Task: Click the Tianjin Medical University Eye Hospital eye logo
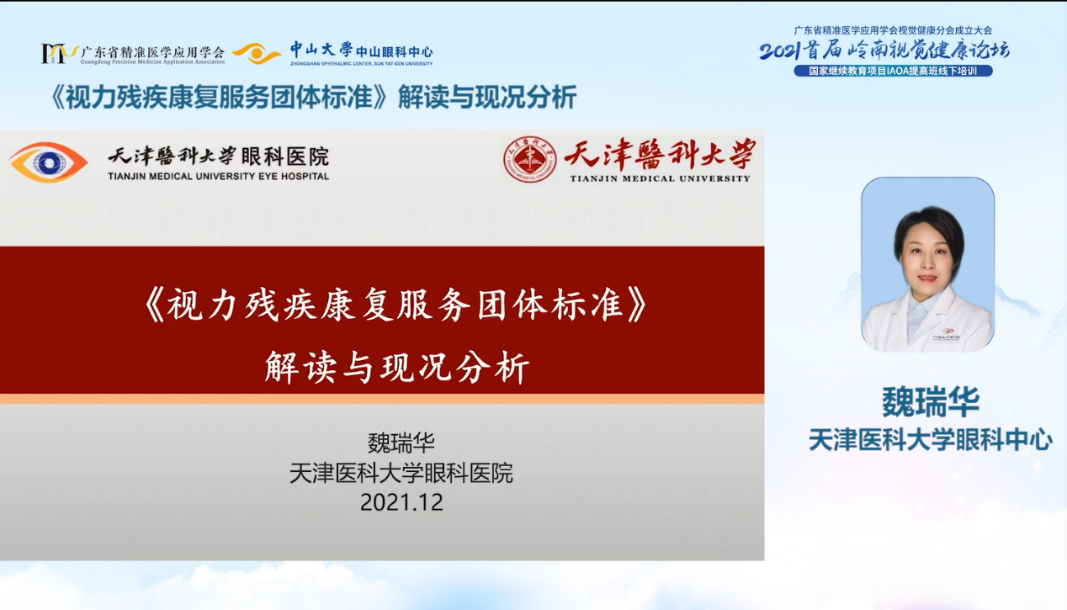(48, 162)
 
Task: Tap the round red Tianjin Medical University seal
(529, 160)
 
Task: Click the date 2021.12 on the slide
(401, 502)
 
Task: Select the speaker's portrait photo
(927, 265)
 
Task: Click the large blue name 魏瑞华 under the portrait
(931, 402)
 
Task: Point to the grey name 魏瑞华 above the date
(401, 443)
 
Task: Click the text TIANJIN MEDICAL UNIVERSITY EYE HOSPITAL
(218, 176)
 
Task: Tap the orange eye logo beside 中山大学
(256, 53)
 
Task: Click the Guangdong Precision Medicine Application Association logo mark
(58, 53)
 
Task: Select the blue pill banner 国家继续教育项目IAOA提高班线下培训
(893, 71)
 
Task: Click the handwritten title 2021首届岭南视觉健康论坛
(884, 50)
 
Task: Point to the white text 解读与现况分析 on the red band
(397, 367)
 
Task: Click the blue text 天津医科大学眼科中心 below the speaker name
(931, 439)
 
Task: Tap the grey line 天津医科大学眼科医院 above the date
(401, 473)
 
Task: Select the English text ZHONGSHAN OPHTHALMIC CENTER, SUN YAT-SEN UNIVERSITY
(362, 63)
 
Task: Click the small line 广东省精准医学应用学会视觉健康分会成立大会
(893, 30)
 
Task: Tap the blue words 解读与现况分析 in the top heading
(487, 97)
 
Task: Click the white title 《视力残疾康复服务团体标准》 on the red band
(396, 305)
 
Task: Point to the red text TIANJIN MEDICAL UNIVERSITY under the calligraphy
(661, 178)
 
